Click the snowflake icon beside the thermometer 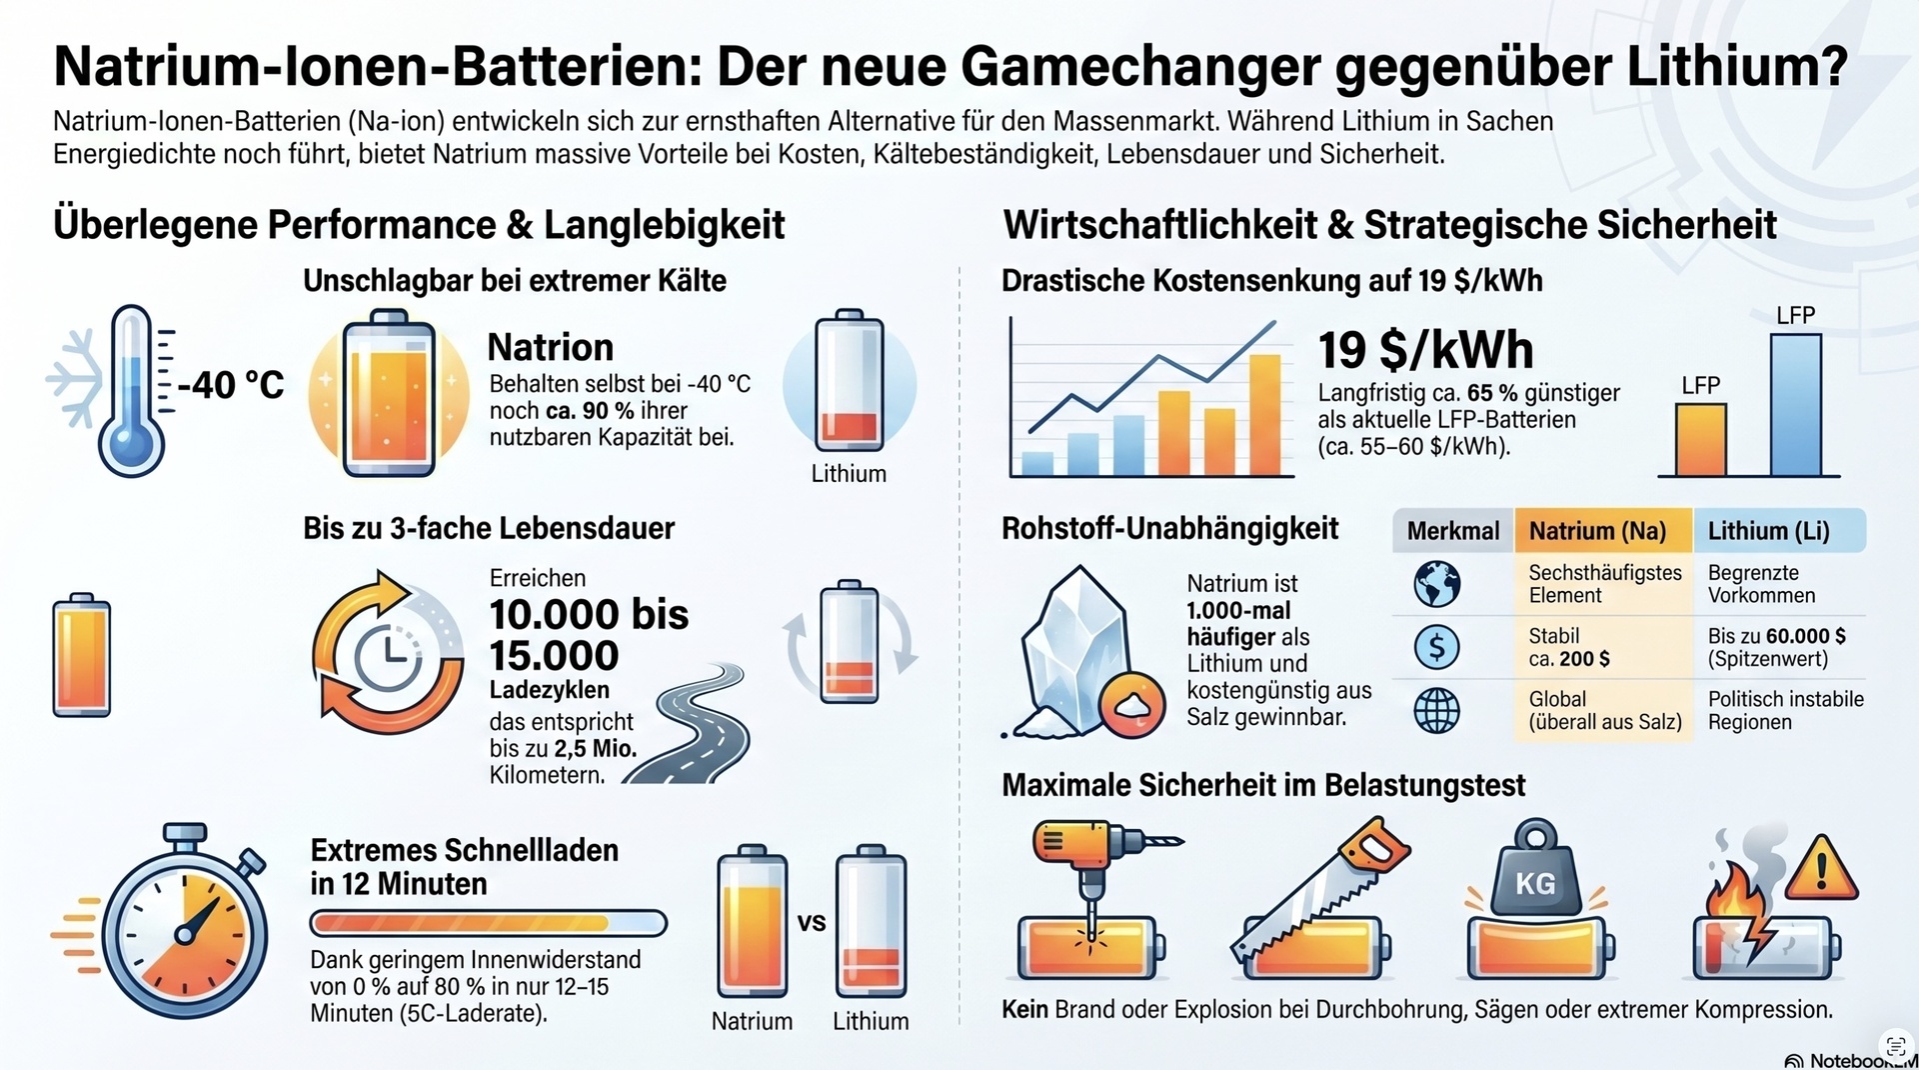coord(74,380)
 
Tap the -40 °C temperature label coord(231,385)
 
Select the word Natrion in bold coord(551,347)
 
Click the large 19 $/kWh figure coord(1425,350)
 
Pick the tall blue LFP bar coord(1795,404)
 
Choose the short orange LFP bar coord(1700,439)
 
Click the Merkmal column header coord(1453,531)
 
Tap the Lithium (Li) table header coord(1768,531)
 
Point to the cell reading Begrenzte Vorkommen coord(1761,584)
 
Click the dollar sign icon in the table coord(1437,647)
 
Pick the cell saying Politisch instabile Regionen coord(1785,710)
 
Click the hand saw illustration coord(1319,890)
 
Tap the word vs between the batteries coord(812,922)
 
